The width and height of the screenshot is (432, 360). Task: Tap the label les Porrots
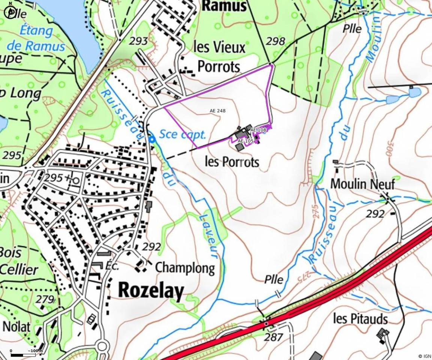click(x=232, y=162)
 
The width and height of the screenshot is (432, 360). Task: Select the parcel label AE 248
click(x=217, y=111)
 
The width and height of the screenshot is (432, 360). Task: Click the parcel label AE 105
click(x=246, y=141)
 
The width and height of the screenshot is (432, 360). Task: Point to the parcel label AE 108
click(x=258, y=130)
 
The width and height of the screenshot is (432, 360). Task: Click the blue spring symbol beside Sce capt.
click(x=152, y=139)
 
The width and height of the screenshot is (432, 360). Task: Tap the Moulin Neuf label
click(x=362, y=184)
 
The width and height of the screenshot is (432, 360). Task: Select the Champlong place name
click(x=185, y=268)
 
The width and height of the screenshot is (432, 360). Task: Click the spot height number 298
click(x=275, y=41)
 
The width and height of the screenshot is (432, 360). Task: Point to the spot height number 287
click(x=273, y=337)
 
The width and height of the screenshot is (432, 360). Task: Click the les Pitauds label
click(x=360, y=319)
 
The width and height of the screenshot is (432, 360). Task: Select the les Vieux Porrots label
click(x=219, y=57)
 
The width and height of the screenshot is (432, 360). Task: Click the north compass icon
click(x=10, y=12)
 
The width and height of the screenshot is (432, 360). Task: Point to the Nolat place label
click(x=16, y=326)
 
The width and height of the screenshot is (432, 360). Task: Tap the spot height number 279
click(x=45, y=299)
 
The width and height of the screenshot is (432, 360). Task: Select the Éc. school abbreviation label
click(x=112, y=266)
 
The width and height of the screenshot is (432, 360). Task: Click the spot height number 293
click(x=138, y=41)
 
